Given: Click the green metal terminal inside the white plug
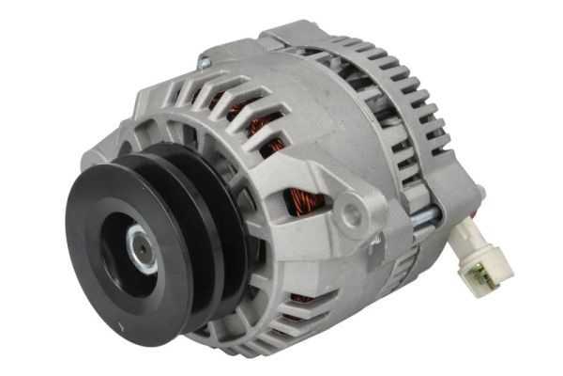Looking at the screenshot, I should [480, 274].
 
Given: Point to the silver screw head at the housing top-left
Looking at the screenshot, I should [204, 63].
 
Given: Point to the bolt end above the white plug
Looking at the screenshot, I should [479, 193].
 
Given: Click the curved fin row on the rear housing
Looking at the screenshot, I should [413, 103].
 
